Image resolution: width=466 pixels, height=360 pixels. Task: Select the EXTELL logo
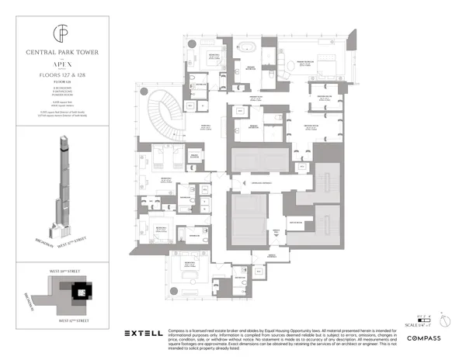(145, 334)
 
